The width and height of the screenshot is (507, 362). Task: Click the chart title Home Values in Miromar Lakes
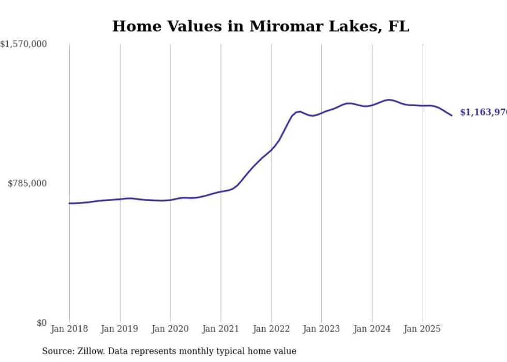pos(260,26)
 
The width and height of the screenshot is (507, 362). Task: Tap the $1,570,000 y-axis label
pos(24,45)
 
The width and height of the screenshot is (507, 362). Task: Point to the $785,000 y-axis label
pos(27,183)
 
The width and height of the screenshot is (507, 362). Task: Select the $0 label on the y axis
pos(41,323)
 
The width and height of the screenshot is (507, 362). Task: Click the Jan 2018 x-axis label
pos(69,329)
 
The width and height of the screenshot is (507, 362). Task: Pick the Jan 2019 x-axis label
pos(120,329)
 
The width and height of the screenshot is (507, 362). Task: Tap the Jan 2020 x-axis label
pos(170,329)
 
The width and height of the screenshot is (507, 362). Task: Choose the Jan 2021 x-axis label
pos(221,329)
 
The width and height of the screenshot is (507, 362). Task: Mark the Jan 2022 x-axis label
pos(271,329)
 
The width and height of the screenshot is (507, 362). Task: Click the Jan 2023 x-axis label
pos(322,329)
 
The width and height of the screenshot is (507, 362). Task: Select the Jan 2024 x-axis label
pos(372,329)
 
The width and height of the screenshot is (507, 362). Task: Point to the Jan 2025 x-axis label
pos(423,329)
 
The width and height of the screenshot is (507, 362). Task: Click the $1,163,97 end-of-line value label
pos(483,112)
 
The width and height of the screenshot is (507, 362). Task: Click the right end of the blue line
pos(452,115)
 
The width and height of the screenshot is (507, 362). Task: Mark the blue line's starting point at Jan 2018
pos(69,203)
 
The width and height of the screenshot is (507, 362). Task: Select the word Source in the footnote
pos(57,352)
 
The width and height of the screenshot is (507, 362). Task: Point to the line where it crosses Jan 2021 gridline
pos(221,192)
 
